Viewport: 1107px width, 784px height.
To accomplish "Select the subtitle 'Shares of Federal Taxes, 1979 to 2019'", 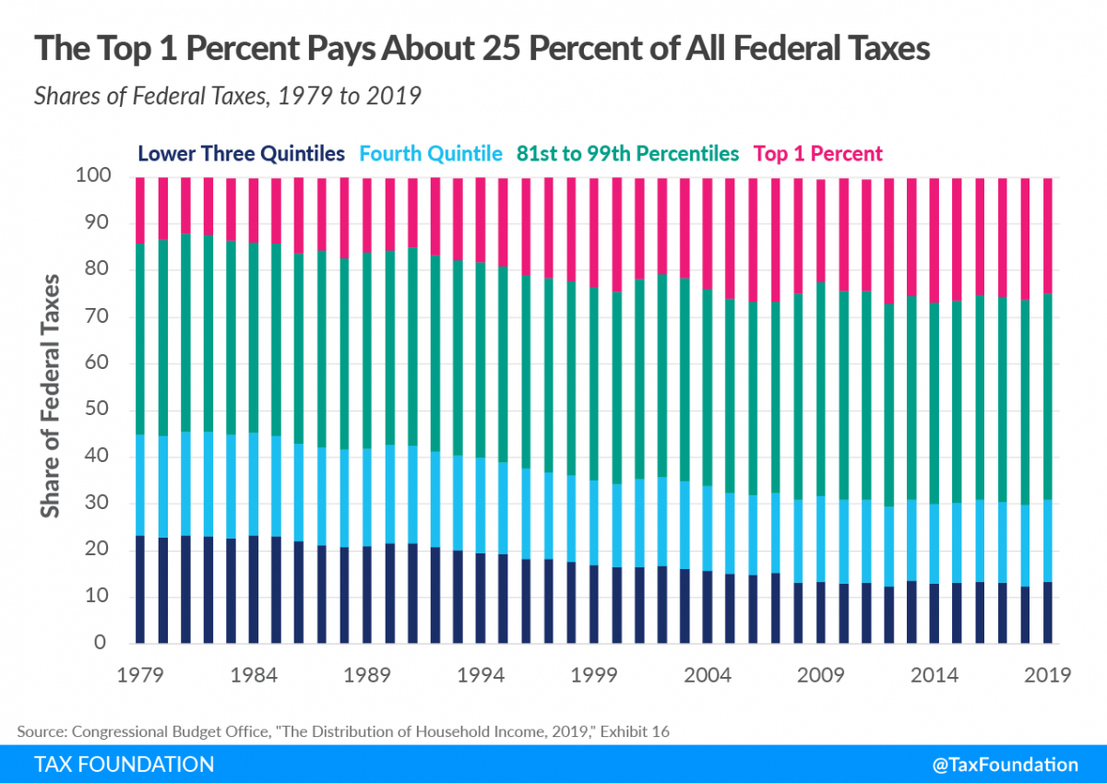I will [228, 96].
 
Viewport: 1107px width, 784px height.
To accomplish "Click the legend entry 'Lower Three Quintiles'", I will [242, 153].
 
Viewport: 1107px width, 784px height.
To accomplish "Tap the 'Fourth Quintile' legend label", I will [431, 153].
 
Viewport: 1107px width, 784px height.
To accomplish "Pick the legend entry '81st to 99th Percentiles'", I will [628, 153].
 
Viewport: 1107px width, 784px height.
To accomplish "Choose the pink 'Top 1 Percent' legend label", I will [818, 153].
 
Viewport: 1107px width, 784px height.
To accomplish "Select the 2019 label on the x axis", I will [1048, 675].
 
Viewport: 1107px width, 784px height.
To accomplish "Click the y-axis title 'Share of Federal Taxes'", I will [53, 395].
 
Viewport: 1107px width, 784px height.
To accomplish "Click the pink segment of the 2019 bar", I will [1048, 235].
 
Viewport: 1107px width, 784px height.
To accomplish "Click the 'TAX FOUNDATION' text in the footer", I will [124, 765].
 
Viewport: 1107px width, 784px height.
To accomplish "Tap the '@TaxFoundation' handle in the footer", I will [1004, 765].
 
